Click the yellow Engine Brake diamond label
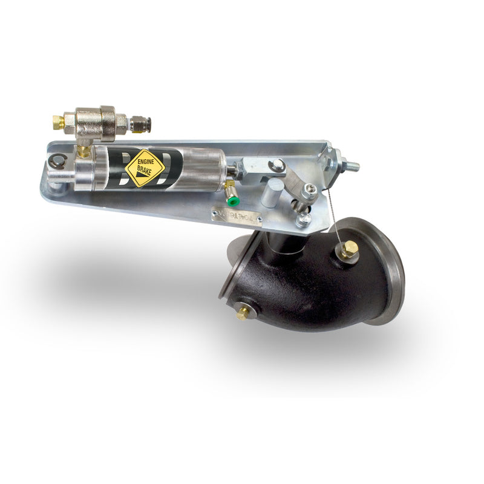pos(145,167)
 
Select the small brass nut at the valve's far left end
pos(58,122)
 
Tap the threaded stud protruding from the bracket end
pos(349,164)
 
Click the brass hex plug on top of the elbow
pos(347,249)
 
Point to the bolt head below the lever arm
pos(304,218)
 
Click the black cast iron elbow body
pos(302,284)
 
